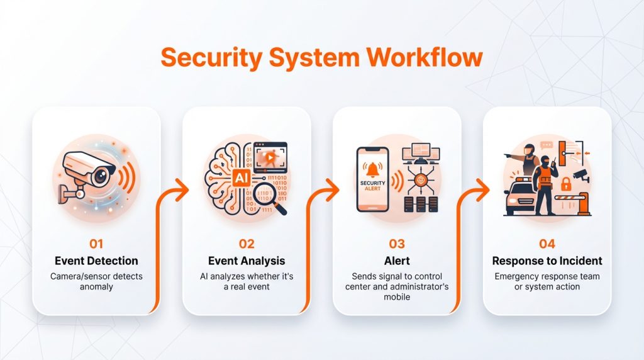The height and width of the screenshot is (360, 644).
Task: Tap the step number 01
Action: tap(96, 244)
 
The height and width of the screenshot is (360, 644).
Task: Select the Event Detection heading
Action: tap(96, 261)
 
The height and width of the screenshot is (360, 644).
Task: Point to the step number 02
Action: tap(247, 244)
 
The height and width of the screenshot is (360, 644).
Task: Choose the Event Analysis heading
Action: tap(247, 261)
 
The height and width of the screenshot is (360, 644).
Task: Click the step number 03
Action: tap(397, 244)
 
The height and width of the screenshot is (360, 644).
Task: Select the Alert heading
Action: tap(397, 261)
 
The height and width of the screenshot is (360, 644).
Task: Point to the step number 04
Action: tap(547, 244)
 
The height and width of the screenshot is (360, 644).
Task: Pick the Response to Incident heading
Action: tap(547, 261)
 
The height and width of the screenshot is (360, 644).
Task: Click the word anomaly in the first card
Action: tap(96, 286)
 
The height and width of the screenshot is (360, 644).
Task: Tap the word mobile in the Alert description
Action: tap(397, 296)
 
